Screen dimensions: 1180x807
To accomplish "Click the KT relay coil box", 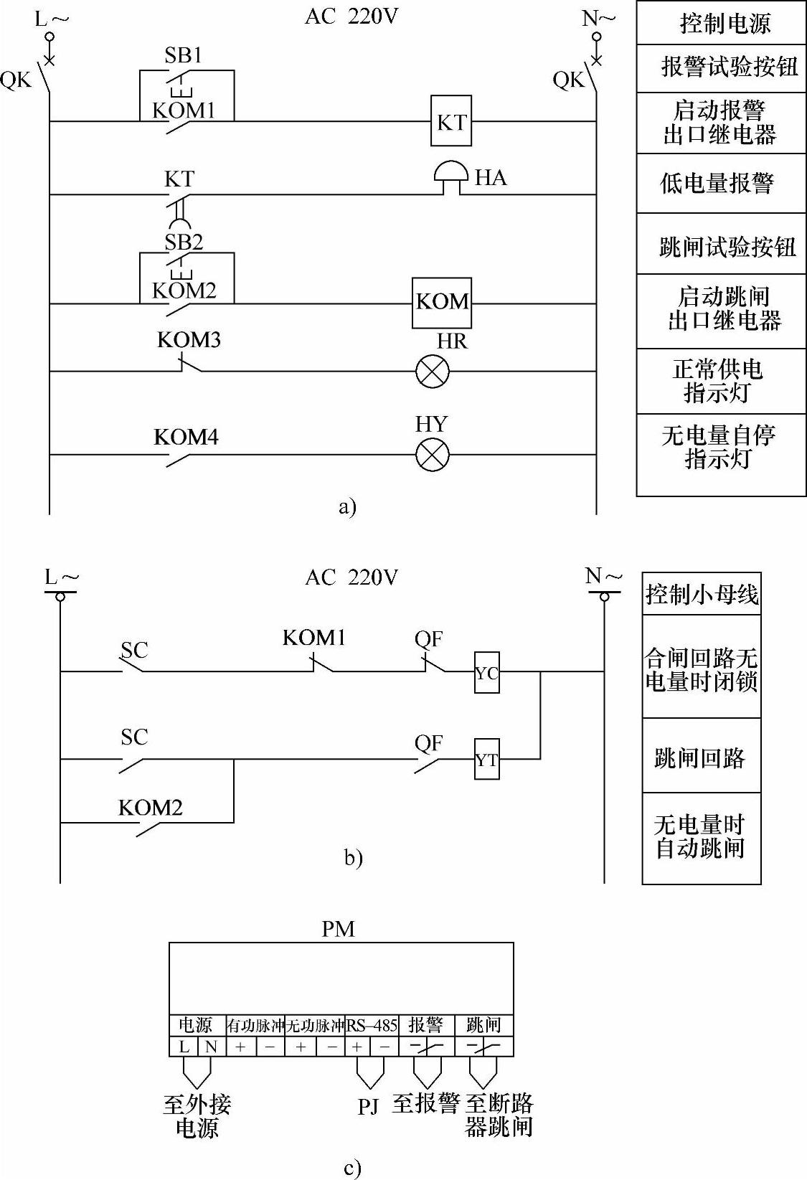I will click(451, 121).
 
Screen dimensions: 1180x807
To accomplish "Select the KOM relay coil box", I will click(442, 302).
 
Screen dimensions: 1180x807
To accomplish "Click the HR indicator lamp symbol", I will click(433, 372).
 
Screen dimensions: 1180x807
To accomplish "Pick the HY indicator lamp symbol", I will click(433, 455).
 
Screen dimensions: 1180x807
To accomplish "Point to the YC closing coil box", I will click(486, 673).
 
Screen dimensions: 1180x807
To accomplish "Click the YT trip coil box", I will click(486, 759).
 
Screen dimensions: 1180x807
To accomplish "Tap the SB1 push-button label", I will click(183, 56).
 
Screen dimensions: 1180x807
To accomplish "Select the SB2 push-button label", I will click(184, 242).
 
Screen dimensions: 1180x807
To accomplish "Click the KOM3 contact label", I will click(189, 339).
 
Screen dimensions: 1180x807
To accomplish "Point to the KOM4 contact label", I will click(186, 437).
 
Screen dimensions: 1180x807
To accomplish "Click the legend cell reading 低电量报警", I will click(721, 183).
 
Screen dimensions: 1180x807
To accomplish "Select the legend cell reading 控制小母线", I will click(702, 594).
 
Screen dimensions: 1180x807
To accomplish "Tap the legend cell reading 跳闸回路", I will click(701, 757).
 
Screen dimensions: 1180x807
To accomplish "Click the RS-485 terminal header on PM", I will click(372, 1025).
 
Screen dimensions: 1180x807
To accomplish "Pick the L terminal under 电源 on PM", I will click(184, 1047).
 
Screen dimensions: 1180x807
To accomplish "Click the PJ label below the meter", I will click(368, 1106).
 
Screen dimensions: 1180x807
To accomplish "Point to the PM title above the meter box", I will click(338, 929).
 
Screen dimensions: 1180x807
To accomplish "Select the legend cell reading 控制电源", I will click(721, 24).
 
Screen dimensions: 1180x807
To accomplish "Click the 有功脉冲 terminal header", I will click(255, 1026).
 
